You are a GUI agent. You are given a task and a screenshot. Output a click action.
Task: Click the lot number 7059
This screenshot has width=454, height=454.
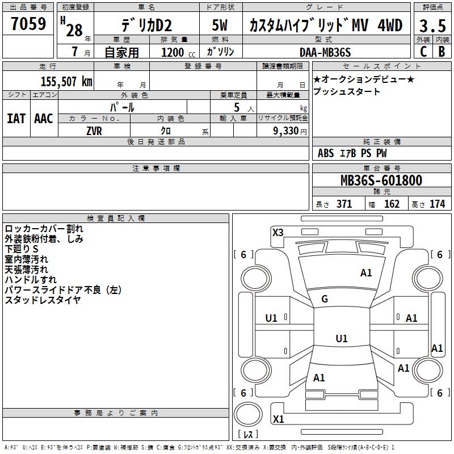[x=28, y=24]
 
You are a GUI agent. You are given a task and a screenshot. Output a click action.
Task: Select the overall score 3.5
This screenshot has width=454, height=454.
[x=432, y=26]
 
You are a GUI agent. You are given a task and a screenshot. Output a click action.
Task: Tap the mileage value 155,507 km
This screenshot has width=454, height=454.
[x=66, y=82]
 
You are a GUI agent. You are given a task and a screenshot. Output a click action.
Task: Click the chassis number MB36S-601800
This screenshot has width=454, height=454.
[x=381, y=180]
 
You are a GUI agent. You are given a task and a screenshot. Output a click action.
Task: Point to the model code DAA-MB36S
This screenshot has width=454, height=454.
[x=325, y=52]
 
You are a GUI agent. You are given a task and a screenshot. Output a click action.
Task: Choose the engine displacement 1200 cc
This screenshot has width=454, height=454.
[x=178, y=52]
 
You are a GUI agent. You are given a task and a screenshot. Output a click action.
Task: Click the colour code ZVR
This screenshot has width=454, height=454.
[x=94, y=131]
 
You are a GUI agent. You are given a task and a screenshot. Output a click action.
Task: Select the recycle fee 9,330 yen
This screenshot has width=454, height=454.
[x=290, y=131]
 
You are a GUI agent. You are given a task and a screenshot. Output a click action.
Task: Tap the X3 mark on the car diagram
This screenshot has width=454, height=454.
[x=278, y=232]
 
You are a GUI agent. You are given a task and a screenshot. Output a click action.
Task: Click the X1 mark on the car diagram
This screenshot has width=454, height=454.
[x=278, y=419]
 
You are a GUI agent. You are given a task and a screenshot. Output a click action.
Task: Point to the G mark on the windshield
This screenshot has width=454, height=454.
[x=325, y=299]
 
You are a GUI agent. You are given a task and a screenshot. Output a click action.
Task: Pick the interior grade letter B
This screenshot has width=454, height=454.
[x=442, y=52]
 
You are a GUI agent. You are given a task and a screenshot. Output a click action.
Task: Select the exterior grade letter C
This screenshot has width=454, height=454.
[x=423, y=52]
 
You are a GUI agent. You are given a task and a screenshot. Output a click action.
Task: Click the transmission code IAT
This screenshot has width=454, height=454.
[x=16, y=119]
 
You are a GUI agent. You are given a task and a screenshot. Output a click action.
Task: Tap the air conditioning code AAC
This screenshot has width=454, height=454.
[x=44, y=119]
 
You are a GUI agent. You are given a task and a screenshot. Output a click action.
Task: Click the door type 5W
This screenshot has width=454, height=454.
[x=220, y=25]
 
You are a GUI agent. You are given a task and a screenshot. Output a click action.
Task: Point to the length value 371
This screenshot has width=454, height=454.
[x=344, y=204]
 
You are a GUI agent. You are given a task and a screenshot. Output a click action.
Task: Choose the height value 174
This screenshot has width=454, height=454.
[x=437, y=204]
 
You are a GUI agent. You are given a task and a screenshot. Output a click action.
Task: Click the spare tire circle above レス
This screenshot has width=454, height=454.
[x=248, y=414]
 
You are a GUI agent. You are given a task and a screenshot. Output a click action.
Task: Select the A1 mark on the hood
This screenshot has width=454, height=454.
[x=366, y=273]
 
